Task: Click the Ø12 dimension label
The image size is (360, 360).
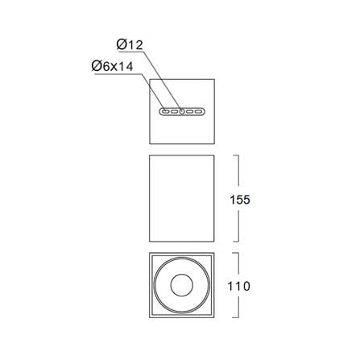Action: click(130, 45)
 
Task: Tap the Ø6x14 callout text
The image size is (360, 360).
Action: click(112, 66)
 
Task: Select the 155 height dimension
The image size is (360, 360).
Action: click(240, 200)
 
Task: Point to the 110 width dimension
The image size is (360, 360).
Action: click(238, 286)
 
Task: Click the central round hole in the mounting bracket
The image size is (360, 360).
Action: click(182, 111)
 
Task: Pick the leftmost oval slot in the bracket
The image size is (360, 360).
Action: click(166, 111)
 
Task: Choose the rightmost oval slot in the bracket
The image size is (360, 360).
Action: click(198, 111)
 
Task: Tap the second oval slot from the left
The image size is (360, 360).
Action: click(175, 111)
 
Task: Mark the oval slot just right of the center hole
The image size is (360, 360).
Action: click(190, 111)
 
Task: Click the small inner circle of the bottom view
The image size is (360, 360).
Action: click(182, 285)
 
